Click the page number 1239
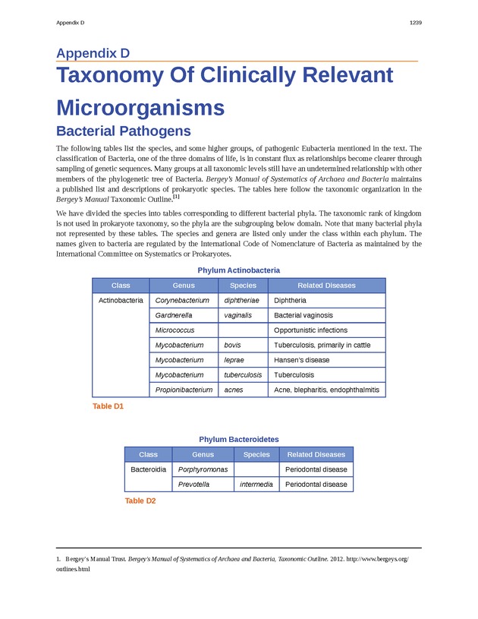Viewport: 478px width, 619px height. point(415,24)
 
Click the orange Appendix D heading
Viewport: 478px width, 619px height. point(93,53)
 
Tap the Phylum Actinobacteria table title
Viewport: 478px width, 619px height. point(239,270)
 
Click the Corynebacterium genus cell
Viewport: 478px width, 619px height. point(182,300)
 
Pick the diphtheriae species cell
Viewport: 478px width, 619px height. point(243,300)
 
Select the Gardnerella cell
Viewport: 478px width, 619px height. point(174,315)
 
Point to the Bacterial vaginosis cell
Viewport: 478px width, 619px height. point(303,315)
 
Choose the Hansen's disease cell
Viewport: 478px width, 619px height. point(302,360)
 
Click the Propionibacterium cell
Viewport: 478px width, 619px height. point(184,390)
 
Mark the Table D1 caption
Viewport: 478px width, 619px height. point(108,407)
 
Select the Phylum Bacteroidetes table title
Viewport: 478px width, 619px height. point(239,440)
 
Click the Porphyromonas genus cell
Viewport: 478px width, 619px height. point(203,469)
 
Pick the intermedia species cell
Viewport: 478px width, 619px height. point(256,485)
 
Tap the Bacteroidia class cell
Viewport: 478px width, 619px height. point(149,469)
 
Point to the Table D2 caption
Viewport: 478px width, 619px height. point(140,501)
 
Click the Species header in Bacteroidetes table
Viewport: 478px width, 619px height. point(256,454)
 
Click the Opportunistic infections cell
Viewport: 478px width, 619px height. point(311,330)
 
